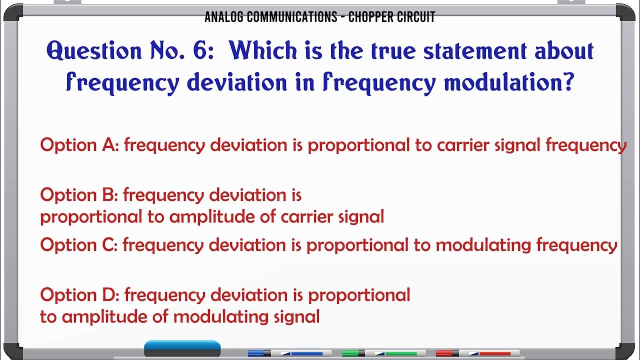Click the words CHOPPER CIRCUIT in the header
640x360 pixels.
coord(391,17)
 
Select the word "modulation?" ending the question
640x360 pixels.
coord(508,83)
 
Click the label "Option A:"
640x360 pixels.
coord(79,145)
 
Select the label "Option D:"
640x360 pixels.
coord(79,295)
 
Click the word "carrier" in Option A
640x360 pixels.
coord(463,145)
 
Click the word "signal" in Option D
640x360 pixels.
coord(297,317)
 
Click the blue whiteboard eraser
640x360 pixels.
coord(182,348)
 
